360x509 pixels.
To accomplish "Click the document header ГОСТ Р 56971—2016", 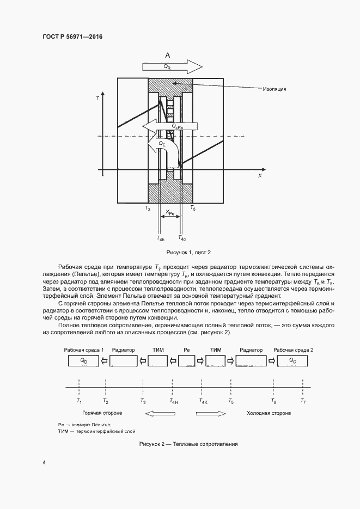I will click(72, 36).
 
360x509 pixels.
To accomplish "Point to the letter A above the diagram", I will click(168, 56).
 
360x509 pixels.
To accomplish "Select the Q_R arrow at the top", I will click(172, 67).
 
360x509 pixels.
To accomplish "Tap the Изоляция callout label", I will click(274, 88).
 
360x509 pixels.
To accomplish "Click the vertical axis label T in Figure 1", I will click(97, 99).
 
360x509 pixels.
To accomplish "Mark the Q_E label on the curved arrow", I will click(162, 144).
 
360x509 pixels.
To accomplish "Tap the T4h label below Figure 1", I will click(160, 238).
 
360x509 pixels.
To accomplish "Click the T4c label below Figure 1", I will click(182, 238).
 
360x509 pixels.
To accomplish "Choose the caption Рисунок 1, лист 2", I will click(188, 252).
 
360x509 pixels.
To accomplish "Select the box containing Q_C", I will click(293, 360).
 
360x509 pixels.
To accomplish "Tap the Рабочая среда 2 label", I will click(294, 349).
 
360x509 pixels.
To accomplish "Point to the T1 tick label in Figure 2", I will click(79, 401).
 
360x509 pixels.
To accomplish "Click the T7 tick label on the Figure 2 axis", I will click(303, 401).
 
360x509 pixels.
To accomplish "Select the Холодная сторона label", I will click(269, 413).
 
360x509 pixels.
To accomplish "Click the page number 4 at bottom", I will click(44, 463).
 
